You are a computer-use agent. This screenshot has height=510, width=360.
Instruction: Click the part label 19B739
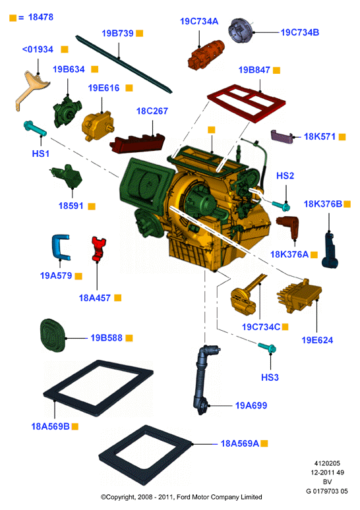[x=117, y=33]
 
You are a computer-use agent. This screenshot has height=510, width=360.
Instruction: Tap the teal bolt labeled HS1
[x=35, y=128]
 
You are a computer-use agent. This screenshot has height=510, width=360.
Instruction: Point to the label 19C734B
[x=300, y=32]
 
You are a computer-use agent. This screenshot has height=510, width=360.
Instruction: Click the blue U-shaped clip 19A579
[x=56, y=247]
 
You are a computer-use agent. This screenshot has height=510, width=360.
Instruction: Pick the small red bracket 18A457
[x=98, y=249]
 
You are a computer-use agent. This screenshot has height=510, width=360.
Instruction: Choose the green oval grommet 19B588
[x=52, y=335]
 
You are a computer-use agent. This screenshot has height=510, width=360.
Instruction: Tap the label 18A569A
[x=239, y=443]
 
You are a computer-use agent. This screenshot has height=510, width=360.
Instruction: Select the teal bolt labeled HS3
[x=267, y=347]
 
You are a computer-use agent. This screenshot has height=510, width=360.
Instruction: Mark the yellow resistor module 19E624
[x=299, y=295]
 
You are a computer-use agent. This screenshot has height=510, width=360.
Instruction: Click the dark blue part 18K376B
[x=330, y=250]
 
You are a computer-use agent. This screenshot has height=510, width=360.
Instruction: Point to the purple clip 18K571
[x=282, y=136]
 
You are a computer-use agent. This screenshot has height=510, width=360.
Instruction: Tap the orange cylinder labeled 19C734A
[x=206, y=54]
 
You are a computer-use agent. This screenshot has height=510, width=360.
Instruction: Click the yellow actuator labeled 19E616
[x=97, y=126]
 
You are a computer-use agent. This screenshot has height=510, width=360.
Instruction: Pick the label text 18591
[x=71, y=206]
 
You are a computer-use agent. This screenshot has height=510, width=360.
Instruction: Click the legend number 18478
[x=41, y=17]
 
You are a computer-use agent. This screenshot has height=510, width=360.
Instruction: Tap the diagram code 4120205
[x=327, y=463]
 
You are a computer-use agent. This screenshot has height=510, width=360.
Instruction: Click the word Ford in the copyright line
[x=184, y=497]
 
